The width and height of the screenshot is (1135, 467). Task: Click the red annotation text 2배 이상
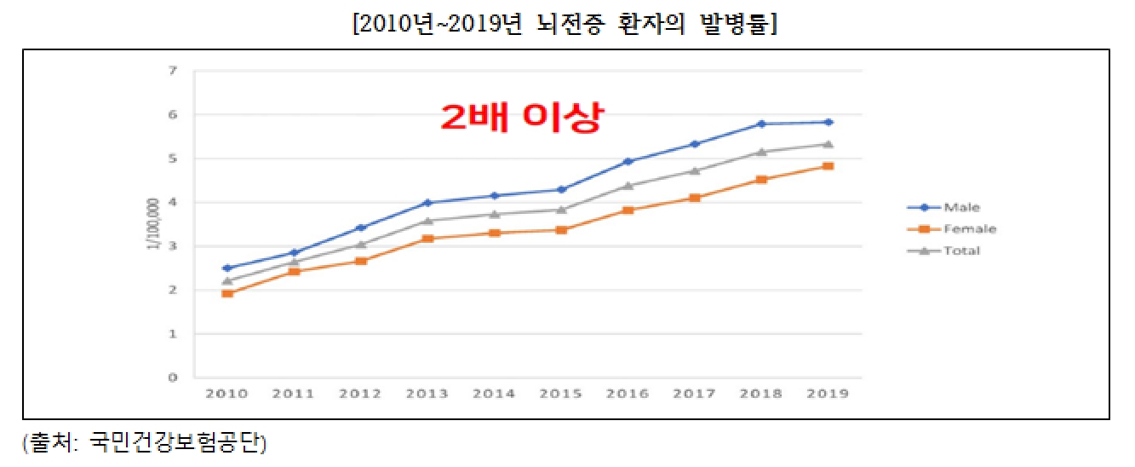coord(520,118)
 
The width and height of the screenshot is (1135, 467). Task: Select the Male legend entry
coord(961,207)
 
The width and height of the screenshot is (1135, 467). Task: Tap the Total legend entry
coord(961,251)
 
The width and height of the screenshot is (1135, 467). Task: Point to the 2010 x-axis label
coord(226,394)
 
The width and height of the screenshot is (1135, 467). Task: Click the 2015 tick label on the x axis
coord(561,394)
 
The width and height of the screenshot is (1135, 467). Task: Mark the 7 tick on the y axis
coord(173,71)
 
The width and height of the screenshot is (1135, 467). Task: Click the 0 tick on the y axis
coord(173,378)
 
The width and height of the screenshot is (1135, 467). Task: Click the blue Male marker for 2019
coord(828,122)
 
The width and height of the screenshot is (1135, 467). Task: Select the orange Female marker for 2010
coord(226,293)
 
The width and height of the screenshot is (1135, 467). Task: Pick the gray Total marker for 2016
coord(628,185)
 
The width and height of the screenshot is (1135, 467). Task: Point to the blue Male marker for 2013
coord(427,202)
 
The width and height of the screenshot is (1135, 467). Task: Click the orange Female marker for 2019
coord(828,166)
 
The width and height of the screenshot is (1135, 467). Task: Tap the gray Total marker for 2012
coord(360,245)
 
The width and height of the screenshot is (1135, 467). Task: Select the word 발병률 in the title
coord(745,24)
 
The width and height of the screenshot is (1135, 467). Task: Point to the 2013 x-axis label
coord(427,394)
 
